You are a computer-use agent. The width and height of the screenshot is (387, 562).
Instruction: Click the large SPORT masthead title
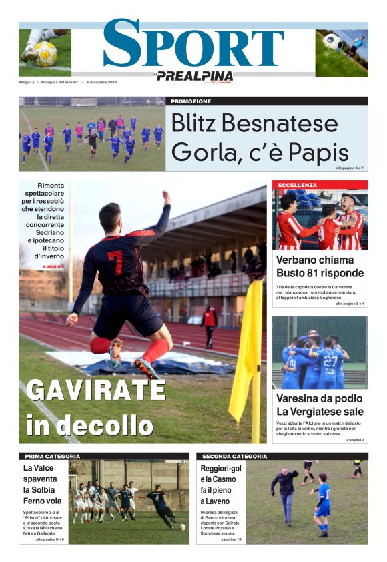[193, 44]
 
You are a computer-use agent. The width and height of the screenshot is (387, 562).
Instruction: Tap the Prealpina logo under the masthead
[194, 76]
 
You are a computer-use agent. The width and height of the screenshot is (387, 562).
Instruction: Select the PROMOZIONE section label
[191, 101]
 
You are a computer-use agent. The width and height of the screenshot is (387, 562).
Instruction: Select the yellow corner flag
[246, 354]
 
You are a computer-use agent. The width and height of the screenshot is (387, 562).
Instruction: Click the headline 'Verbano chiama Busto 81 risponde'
[320, 266]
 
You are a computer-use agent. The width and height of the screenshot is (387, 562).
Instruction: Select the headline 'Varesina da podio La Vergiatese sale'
[320, 404]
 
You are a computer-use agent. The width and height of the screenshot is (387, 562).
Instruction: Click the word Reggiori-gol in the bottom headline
[221, 469]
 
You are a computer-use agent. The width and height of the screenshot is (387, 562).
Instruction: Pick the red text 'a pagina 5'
[53, 266]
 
